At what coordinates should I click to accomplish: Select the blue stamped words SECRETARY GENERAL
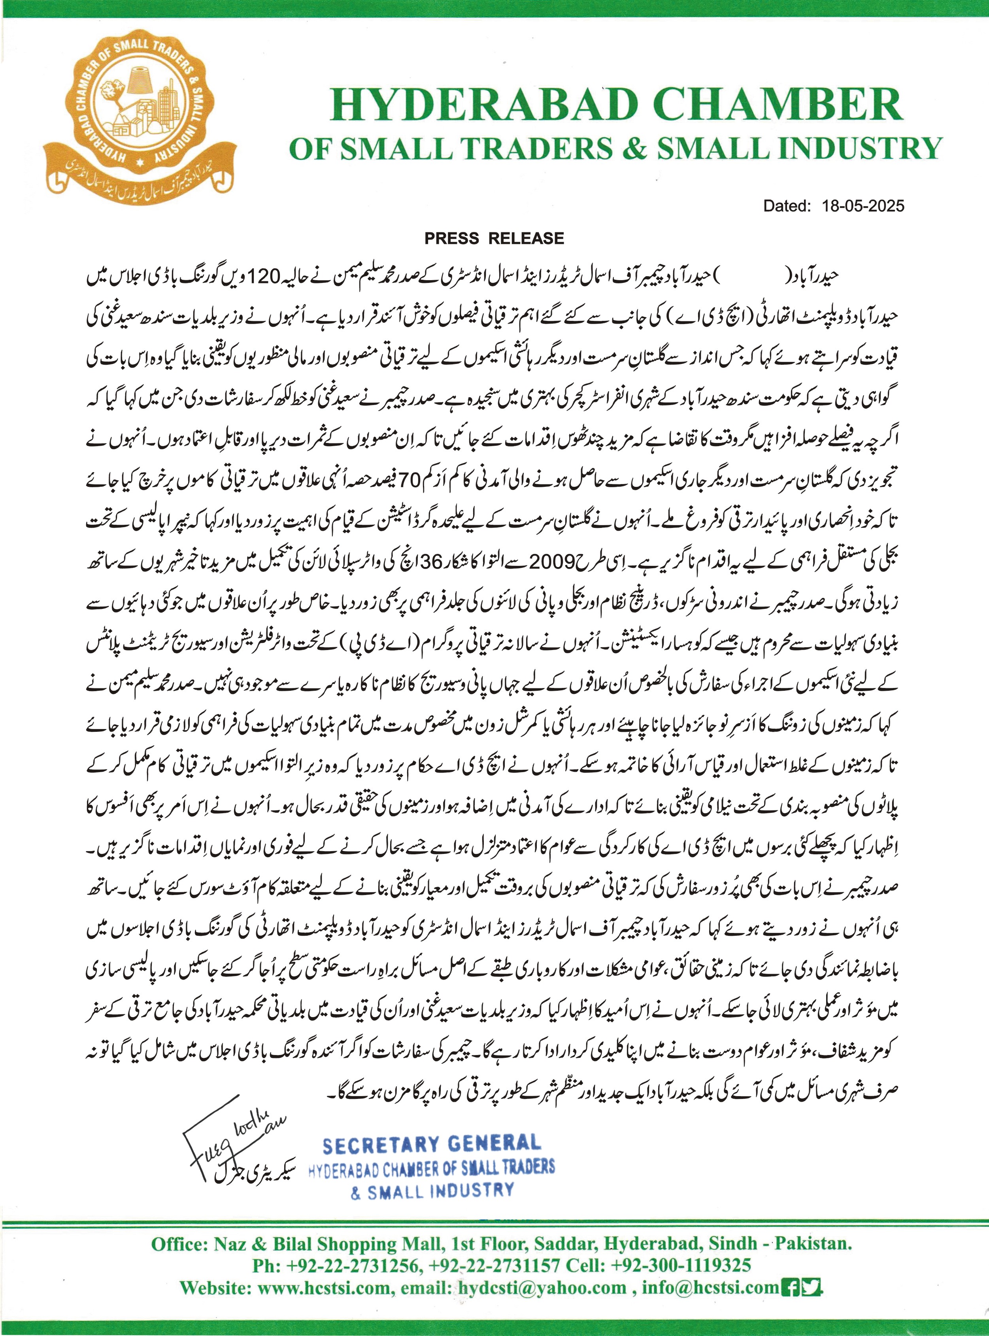pyautogui.click(x=431, y=1144)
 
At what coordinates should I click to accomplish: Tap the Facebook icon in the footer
pyautogui.click(x=790, y=1286)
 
